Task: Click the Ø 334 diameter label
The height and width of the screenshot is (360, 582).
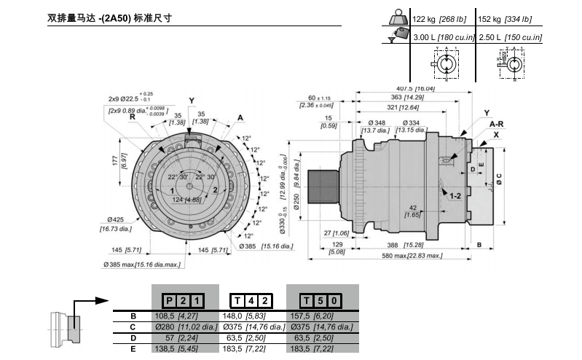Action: [x=410, y=122]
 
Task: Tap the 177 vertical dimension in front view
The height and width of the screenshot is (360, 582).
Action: [x=114, y=161]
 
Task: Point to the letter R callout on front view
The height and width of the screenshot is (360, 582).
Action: [x=133, y=117]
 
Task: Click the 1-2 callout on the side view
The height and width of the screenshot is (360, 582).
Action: [x=455, y=197]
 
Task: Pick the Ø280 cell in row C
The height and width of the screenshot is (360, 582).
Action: [x=184, y=327]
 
